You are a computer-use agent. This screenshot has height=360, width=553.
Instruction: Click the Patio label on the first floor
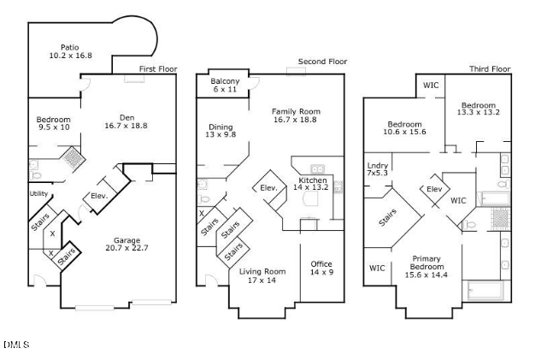click(x=70, y=51)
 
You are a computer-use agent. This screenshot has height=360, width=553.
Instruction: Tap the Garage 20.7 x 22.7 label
click(x=126, y=245)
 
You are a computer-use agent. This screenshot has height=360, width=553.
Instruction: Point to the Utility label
click(x=38, y=194)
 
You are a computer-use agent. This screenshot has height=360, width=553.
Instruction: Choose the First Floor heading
click(x=158, y=69)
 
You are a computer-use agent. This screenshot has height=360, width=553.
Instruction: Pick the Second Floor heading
click(x=322, y=62)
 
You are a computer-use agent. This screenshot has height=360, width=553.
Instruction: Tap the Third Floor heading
click(x=489, y=69)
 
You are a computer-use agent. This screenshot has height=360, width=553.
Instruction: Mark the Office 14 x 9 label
click(x=321, y=269)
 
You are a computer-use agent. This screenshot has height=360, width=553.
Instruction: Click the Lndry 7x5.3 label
click(x=377, y=169)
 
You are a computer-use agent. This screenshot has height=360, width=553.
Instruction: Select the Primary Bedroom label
click(x=426, y=267)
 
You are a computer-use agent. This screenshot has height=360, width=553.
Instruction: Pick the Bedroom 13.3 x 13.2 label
click(x=478, y=109)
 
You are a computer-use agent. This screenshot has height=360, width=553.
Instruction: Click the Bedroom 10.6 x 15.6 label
click(x=404, y=127)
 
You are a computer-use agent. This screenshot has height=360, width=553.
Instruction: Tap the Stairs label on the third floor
click(x=387, y=220)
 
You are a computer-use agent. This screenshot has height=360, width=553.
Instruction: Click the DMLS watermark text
click(x=16, y=345)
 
